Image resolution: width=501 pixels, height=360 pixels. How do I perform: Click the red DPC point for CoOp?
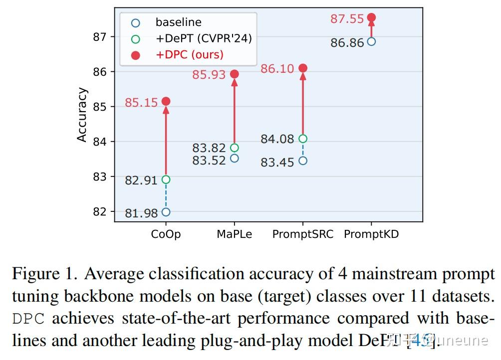tap(166, 101)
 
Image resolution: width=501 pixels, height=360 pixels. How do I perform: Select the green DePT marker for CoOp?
tap(166, 180)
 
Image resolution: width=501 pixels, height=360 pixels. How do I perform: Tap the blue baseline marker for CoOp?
tap(166, 212)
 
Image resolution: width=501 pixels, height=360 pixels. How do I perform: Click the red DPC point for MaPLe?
tap(235, 74)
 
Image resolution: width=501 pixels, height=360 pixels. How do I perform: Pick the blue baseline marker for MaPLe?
tap(235, 159)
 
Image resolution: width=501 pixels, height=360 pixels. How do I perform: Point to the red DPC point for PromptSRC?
tap(303, 68)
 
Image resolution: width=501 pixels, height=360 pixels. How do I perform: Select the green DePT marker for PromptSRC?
tap(303, 139)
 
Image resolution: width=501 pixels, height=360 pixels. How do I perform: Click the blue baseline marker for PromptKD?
tap(371, 41)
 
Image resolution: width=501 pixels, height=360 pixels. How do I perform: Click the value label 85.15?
tap(141, 103)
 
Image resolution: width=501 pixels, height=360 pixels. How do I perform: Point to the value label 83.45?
tap(277, 163)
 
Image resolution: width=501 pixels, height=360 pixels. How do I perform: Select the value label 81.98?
tap(141, 213)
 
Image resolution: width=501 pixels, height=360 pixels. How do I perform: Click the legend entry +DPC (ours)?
tap(189, 54)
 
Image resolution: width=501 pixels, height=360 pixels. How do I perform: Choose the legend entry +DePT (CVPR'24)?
tap(203, 38)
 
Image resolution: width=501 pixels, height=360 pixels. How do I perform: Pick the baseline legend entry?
tap(178, 22)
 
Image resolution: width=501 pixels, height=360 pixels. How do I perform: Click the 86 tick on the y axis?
tap(100, 72)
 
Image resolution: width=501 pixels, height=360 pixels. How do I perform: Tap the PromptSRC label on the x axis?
tap(303, 234)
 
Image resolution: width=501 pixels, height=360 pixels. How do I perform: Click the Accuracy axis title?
tap(82, 115)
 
